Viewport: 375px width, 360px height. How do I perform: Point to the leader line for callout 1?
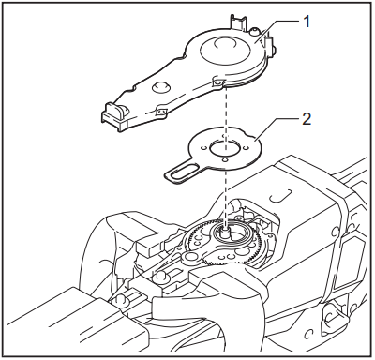coord(277,27)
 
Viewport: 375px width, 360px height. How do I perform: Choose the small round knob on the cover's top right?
coord(255,35)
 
